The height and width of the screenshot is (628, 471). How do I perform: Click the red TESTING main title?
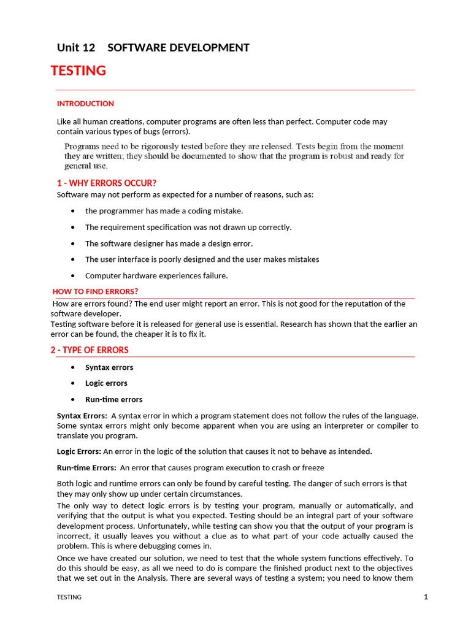click(78, 71)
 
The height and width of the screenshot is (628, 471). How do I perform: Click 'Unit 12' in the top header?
click(76, 47)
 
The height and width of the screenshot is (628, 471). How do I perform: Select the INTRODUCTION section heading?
click(85, 104)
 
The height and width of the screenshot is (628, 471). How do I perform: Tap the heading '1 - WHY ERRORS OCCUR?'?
click(107, 183)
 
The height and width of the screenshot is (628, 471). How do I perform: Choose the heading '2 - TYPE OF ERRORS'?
click(90, 350)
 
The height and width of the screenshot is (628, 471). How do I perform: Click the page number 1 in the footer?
click(425, 597)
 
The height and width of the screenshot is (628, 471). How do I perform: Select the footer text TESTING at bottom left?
click(69, 597)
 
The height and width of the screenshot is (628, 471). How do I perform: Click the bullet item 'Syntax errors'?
click(109, 367)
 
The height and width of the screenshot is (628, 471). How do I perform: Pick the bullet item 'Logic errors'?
click(106, 383)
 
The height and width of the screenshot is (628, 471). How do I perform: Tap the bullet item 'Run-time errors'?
click(113, 399)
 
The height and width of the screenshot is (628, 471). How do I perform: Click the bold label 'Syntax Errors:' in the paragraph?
click(82, 416)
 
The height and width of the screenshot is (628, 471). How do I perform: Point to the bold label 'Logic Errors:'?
click(79, 451)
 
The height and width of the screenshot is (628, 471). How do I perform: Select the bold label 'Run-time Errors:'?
click(86, 468)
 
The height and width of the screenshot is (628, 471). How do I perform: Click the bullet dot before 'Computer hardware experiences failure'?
click(74, 275)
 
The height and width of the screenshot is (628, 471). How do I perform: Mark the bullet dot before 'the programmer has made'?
click(74, 211)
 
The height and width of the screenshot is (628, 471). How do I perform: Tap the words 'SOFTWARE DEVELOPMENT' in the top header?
click(178, 47)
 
